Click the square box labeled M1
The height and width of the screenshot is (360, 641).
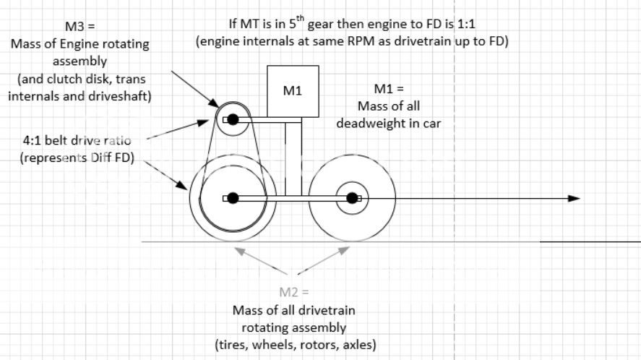293,93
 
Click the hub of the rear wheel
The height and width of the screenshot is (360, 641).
231,197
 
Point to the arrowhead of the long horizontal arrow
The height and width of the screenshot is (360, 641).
574,197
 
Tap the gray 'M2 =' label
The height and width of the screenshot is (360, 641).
293,293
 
